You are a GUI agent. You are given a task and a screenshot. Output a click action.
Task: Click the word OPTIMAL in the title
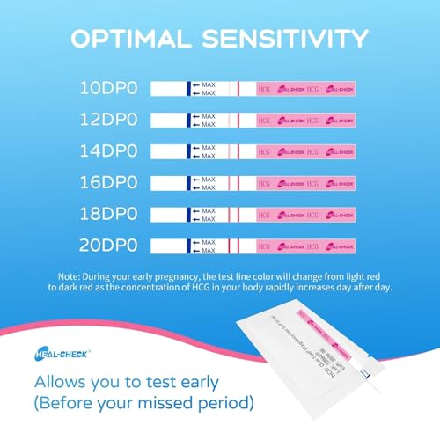pyautogui.click(x=133, y=40)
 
